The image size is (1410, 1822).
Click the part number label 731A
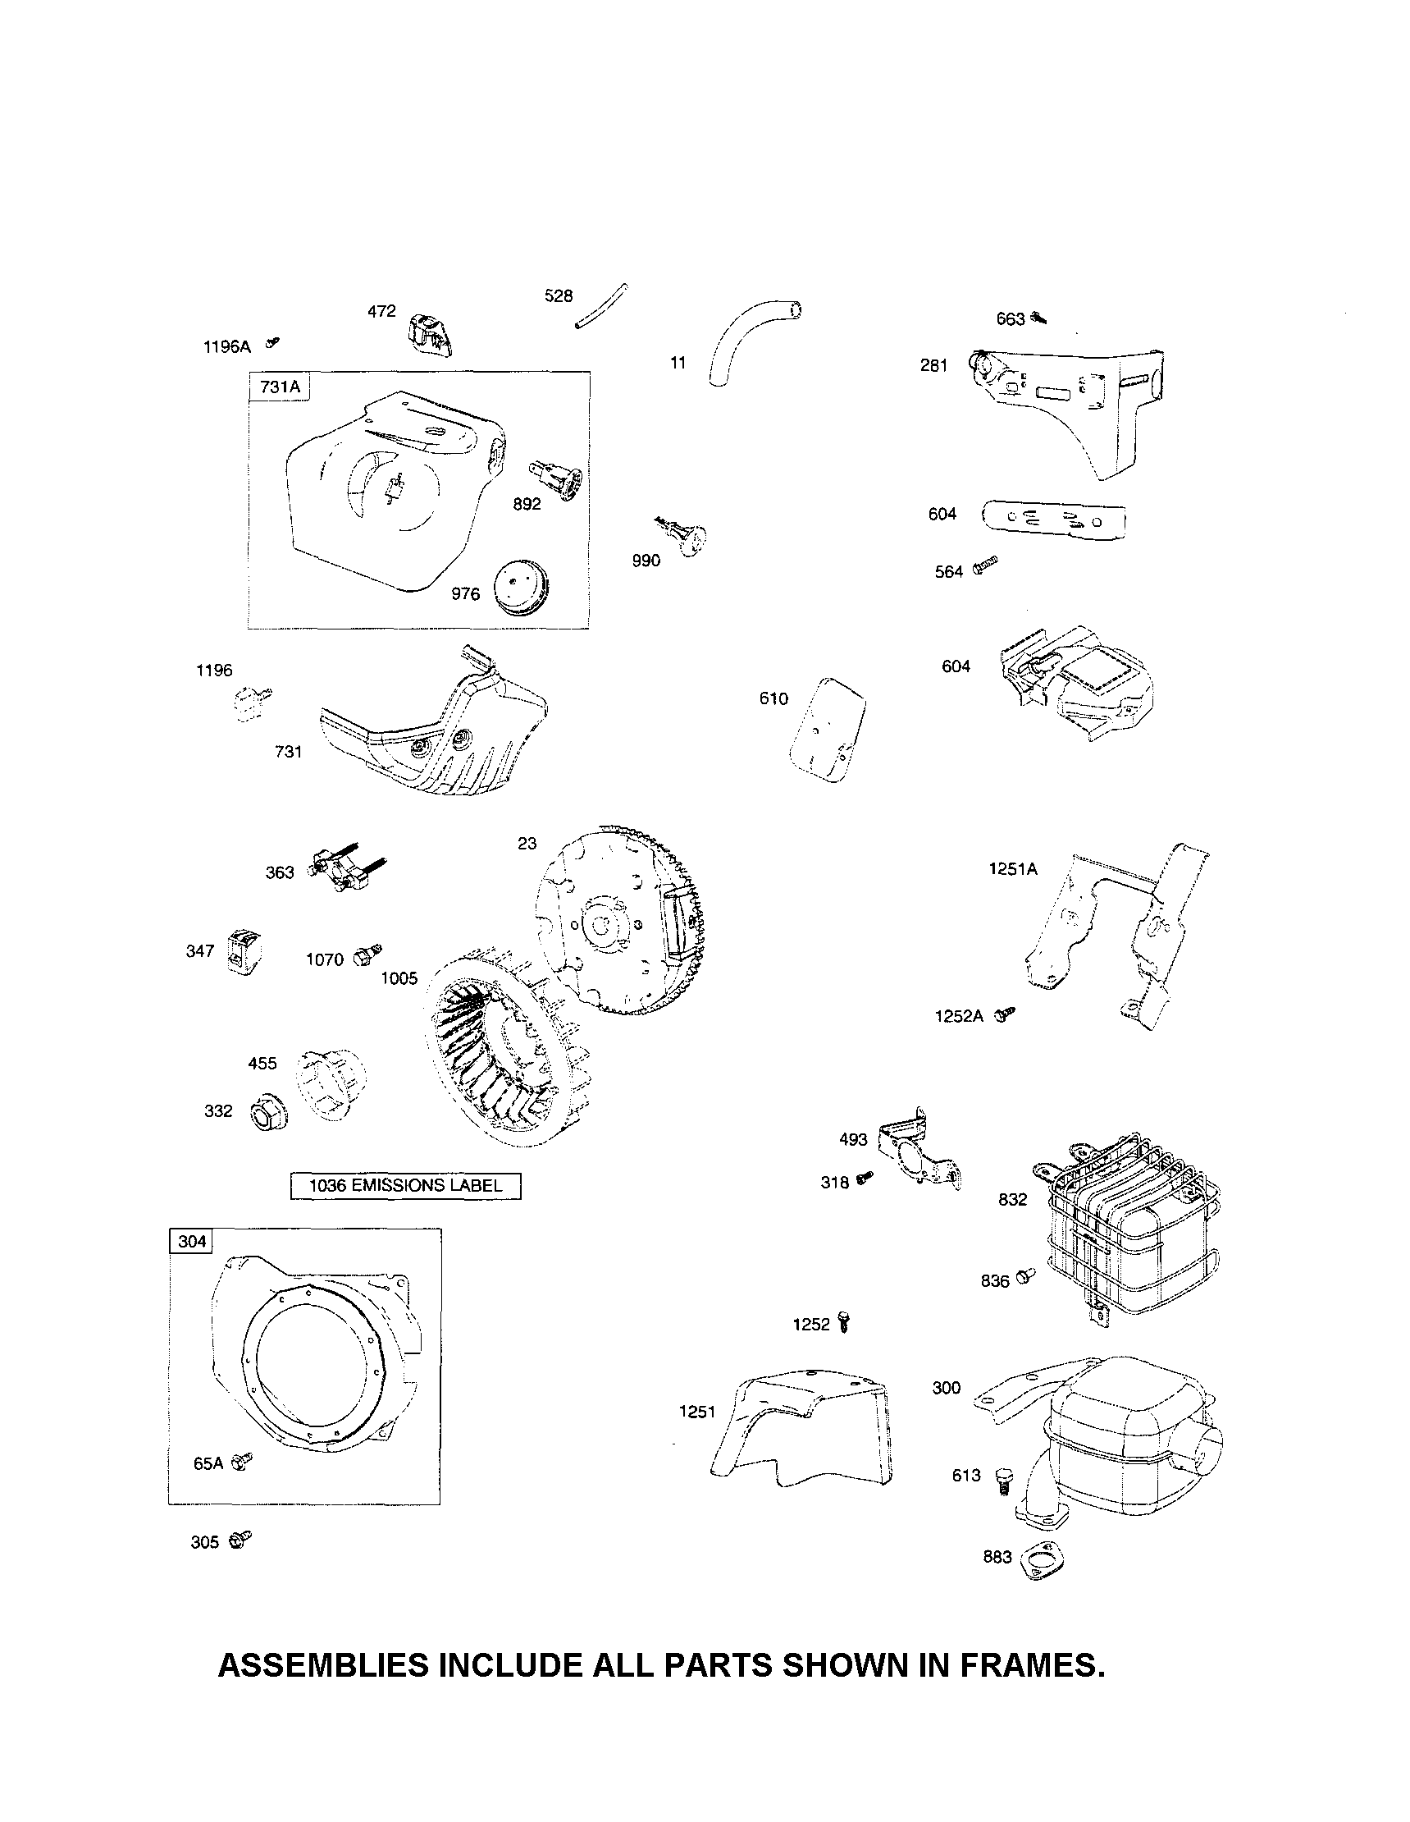pos(280,387)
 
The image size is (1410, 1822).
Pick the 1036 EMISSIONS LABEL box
pos(405,1185)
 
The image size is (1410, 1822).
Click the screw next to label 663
pos(1038,317)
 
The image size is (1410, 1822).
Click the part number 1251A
pos(1012,869)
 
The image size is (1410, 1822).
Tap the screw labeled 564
pos(985,567)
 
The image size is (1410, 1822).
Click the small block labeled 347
pos(243,952)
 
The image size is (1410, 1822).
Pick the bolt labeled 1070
pos(366,955)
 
